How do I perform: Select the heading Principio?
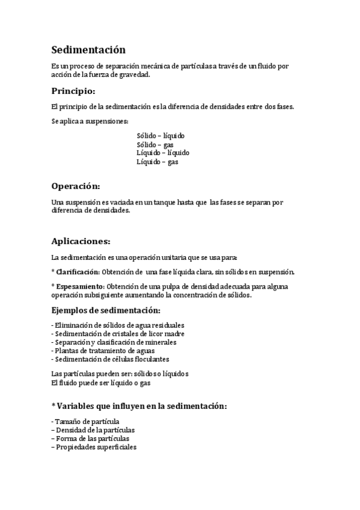(x=73, y=91)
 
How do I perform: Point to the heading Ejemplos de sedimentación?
(x=106, y=310)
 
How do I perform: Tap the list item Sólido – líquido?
(x=160, y=136)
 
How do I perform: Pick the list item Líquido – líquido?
(x=163, y=153)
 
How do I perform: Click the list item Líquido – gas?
(x=157, y=161)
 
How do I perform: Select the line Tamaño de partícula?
(x=86, y=422)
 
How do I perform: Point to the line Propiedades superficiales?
(x=94, y=447)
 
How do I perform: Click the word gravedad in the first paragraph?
(x=132, y=75)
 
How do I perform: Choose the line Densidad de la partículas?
(x=93, y=430)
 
